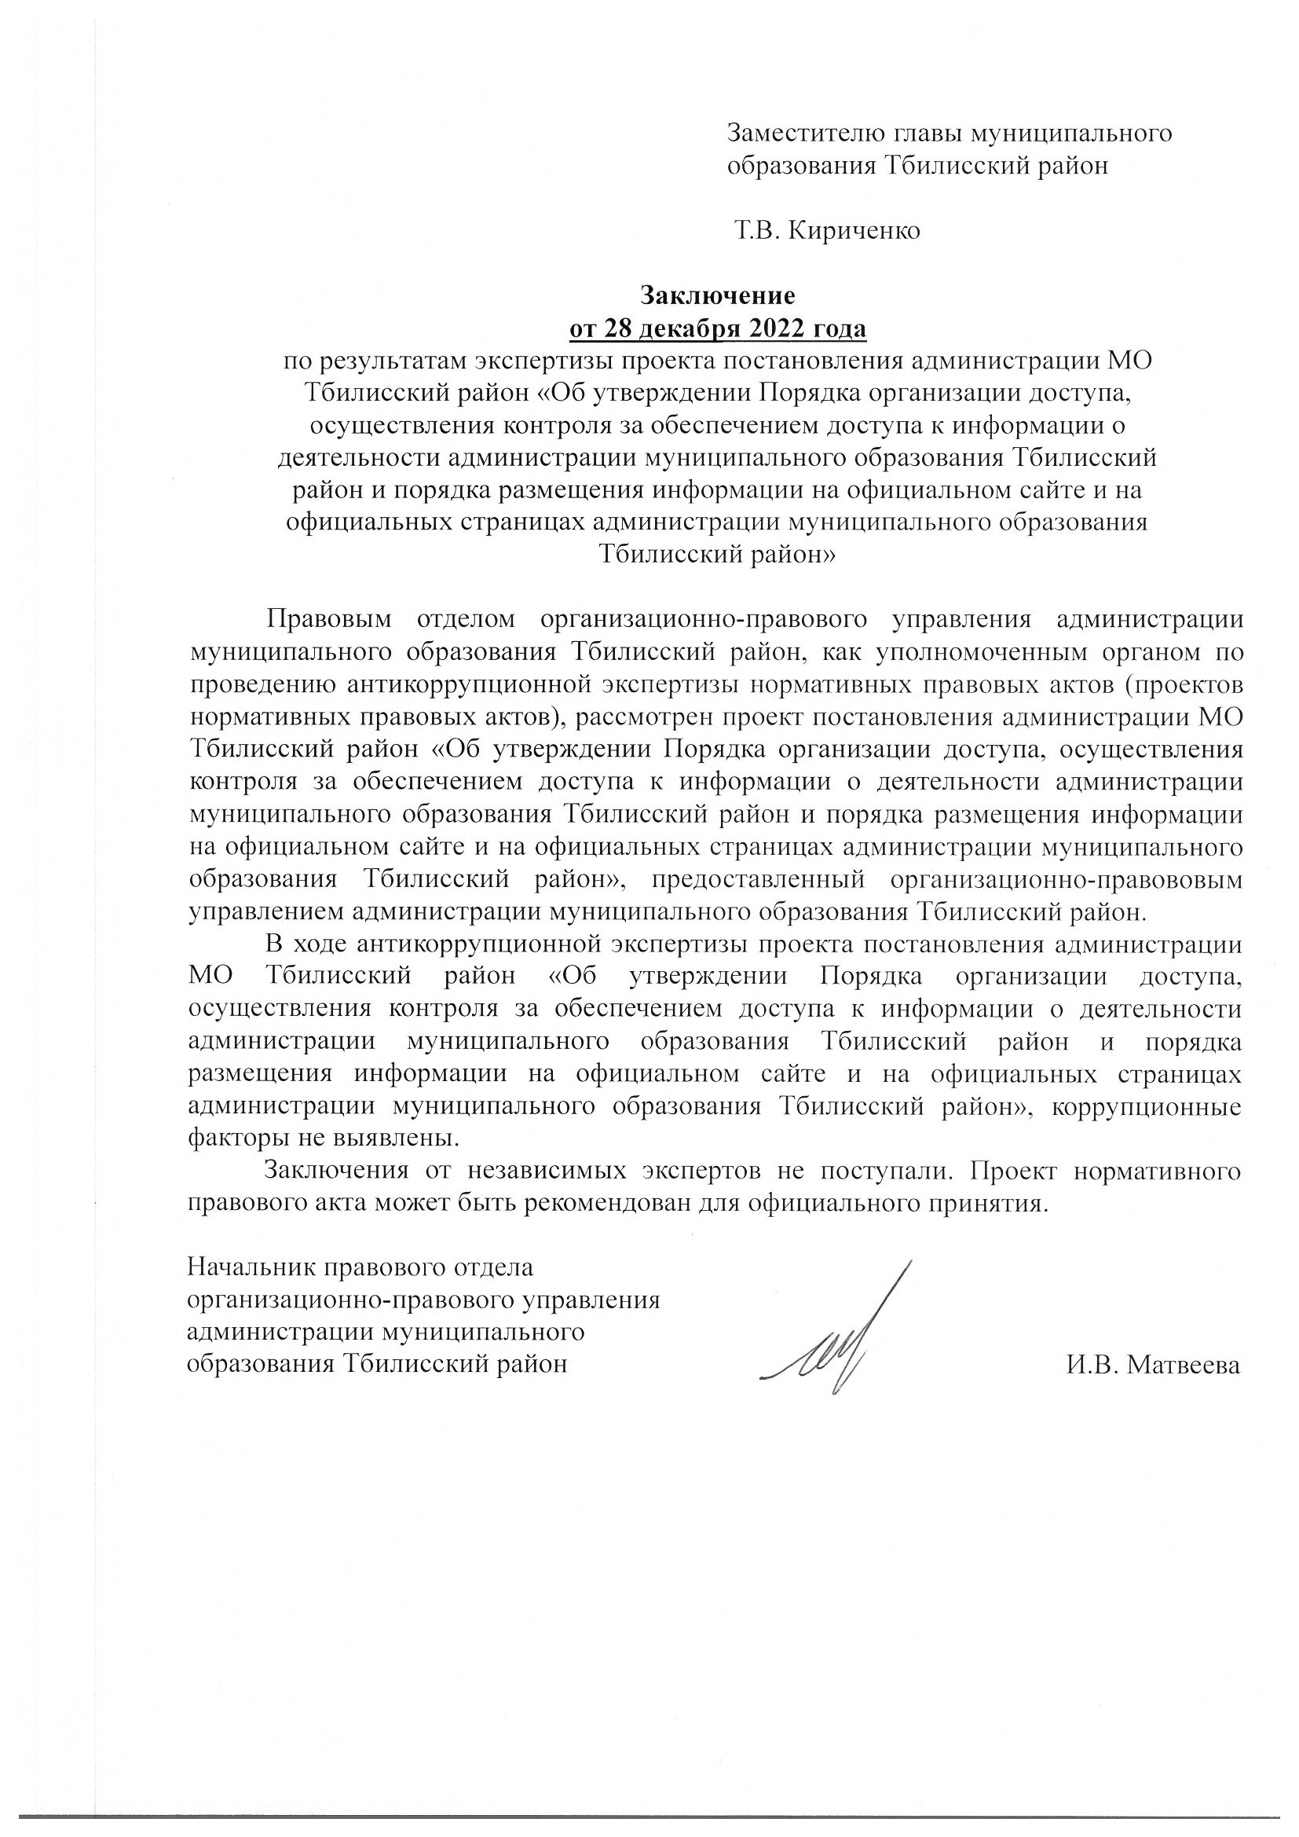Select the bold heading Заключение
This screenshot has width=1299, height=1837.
click(717, 296)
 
